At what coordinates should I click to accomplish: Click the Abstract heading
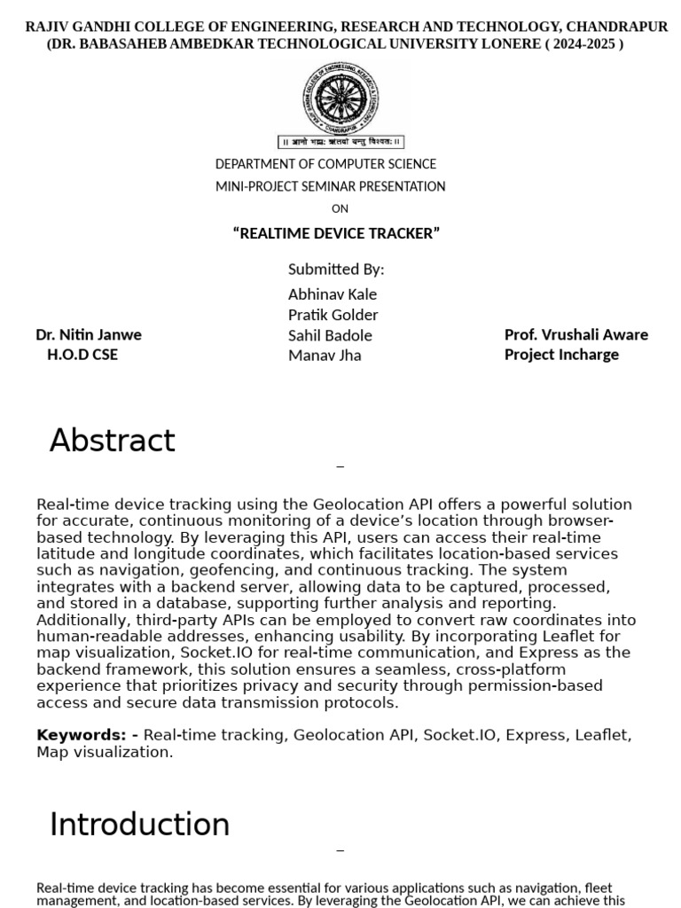click(113, 441)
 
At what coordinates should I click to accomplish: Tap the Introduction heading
click(139, 825)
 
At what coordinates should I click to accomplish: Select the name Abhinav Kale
click(333, 294)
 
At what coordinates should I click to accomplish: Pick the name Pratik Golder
click(333, 315)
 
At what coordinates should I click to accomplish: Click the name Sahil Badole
click(330, 335)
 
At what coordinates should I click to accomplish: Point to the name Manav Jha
click(325, 356)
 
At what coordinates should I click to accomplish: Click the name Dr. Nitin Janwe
click(89, 334)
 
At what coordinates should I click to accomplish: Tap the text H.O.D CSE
click(82, 355)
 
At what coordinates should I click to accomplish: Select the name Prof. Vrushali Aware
click(576, 334)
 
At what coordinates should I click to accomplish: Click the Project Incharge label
click(561, 355)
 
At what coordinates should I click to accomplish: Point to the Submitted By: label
click(336, 270)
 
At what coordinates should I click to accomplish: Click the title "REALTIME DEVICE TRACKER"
click(336, 233)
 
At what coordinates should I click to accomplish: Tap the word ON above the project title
click(340, 209)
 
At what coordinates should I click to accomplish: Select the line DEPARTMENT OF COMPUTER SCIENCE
click(325, 164)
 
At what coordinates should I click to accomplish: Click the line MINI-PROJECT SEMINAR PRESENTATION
click(330, 186)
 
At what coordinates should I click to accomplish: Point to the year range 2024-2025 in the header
click(584, 44)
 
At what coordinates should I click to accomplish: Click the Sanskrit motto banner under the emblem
click(341, 141)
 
